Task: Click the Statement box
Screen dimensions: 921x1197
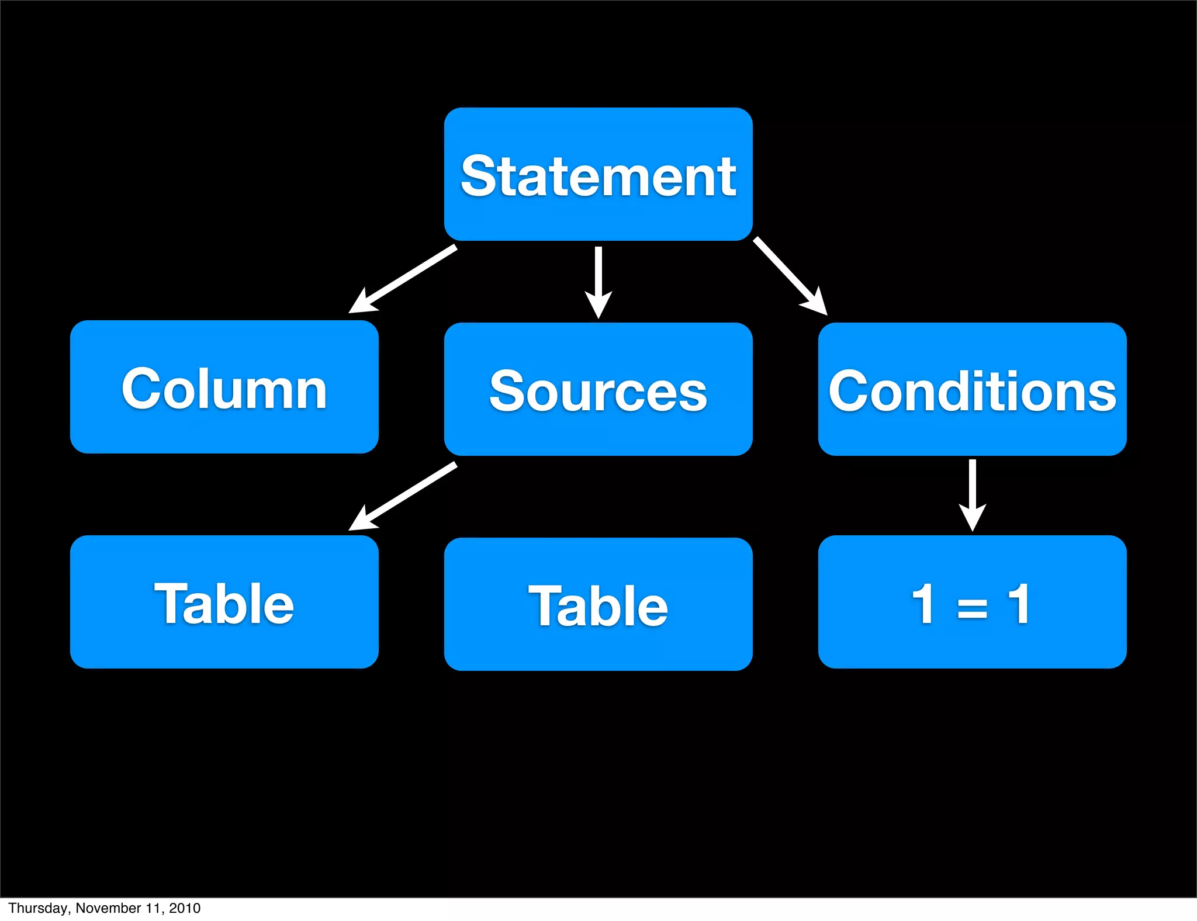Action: pyautogui.click(x=598, y=174)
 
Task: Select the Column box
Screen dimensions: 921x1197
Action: pyautogui.click(x=224, y=387)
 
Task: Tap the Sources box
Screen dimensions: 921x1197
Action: pyautogui.click(x=598, y=389)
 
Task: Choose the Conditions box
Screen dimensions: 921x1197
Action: pyautogui.click(x=972, y=389)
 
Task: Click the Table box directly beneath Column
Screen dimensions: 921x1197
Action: pyautogui.click(x=224, y=602)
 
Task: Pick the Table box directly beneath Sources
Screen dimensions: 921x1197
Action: pyautogui.click(x=598, y=604)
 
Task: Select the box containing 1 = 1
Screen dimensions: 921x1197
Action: pyautogui.click(x=972, y=602)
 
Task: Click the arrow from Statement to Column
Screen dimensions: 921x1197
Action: pyautogui.click(x=403, y=279)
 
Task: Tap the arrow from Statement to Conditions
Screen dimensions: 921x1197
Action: pyautogui.click(x=789, y=275)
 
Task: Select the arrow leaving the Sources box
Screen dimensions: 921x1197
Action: pyautogui.click(x=403, y=496)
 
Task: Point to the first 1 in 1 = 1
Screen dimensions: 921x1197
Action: pyautogui.click(x=924, y=603)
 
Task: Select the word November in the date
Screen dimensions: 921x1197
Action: pyautogui.click(x=109, y=908)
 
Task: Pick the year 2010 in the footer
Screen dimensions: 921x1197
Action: pyautogui.click(x=185, y=908)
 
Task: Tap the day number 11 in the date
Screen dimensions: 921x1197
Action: pyautogui.click(x=154, y=908)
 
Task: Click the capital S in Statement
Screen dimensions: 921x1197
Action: pyautogui.click(x=479, y=175)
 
